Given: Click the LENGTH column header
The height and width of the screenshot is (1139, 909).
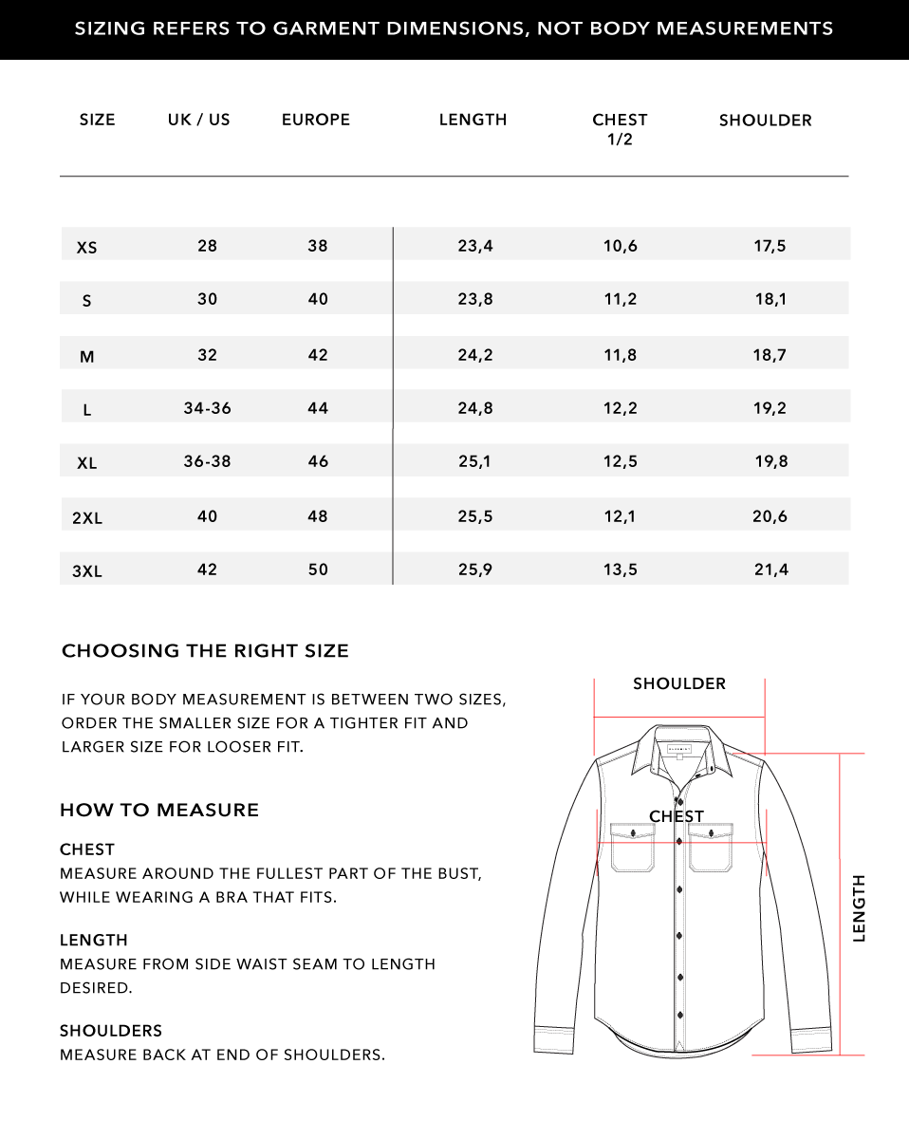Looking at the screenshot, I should [x=473, y=120].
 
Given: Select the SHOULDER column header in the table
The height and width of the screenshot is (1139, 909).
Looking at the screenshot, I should [x=765, y=121].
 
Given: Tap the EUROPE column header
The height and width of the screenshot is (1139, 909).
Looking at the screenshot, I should [x=316, y=120].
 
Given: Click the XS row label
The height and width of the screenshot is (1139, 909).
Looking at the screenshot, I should [x=86, y=248].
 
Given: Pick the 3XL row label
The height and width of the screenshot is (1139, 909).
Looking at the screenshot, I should [x=87, y=571].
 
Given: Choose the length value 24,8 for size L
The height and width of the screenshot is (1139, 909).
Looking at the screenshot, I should [x=475, y=408].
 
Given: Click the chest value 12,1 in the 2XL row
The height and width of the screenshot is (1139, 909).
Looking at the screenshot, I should [x=621, y=516].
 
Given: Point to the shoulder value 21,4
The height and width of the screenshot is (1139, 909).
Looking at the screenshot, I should [x=770, y=569].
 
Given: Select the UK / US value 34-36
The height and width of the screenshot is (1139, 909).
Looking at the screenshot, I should [x=207, y=408].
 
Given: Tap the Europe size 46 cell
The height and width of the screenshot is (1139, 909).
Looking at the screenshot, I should [x=318, y=461].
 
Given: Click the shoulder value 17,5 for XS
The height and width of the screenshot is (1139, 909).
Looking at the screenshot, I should [x=770, y=246].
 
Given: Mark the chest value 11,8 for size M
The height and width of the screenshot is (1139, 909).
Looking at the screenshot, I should [x=621, y=355].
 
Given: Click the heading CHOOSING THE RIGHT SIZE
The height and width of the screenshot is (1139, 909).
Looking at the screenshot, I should [x=205, y=651].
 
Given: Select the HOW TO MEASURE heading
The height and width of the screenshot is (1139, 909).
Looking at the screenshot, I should [x=159, y=810].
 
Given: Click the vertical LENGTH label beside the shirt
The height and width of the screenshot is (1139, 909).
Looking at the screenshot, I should [x=860, y=907].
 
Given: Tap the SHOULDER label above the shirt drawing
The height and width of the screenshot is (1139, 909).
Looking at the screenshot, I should [x=679, y=683].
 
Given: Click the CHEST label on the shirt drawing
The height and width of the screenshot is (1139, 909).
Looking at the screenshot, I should [x=677, y=816].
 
